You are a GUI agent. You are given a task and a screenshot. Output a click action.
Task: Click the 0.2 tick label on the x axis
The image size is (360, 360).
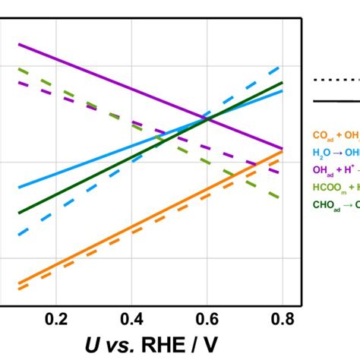click(55, 318)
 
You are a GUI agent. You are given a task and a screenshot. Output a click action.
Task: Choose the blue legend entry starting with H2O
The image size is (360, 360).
click(335, 153)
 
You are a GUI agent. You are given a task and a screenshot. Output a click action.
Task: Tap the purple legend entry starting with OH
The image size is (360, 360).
click(335, 170)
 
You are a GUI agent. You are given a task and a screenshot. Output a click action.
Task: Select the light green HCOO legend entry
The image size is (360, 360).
click(335, 188)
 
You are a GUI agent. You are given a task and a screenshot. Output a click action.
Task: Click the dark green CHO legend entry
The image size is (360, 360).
click(335, 204)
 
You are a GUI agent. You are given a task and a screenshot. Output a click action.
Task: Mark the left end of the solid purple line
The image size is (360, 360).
click(19, 44)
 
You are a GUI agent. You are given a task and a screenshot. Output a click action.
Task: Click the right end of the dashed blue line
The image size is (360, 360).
click(282, 66)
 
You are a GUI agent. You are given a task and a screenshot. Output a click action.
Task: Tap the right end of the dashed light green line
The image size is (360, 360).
click(282, 199)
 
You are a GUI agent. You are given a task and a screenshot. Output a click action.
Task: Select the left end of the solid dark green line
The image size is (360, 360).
click(19, 213)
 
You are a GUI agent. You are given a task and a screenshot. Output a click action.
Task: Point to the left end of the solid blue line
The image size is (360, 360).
click(19, 187)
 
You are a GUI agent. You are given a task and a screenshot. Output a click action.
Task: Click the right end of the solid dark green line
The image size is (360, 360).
click(282, 83)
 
